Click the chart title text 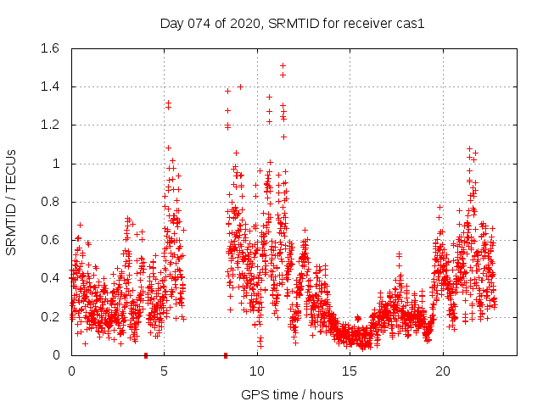[x=292, y=23]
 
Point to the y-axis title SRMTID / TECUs [x=12, y=202]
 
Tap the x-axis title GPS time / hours [x=292, y=394]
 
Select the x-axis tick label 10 [x=257, y=371]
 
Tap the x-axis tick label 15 [x=350, y=371]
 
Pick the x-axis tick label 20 [x=443, y=371]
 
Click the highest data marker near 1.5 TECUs [x=283, y=65]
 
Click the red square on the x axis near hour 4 [x=146, y=354]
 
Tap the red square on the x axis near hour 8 [x=226, y=354]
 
